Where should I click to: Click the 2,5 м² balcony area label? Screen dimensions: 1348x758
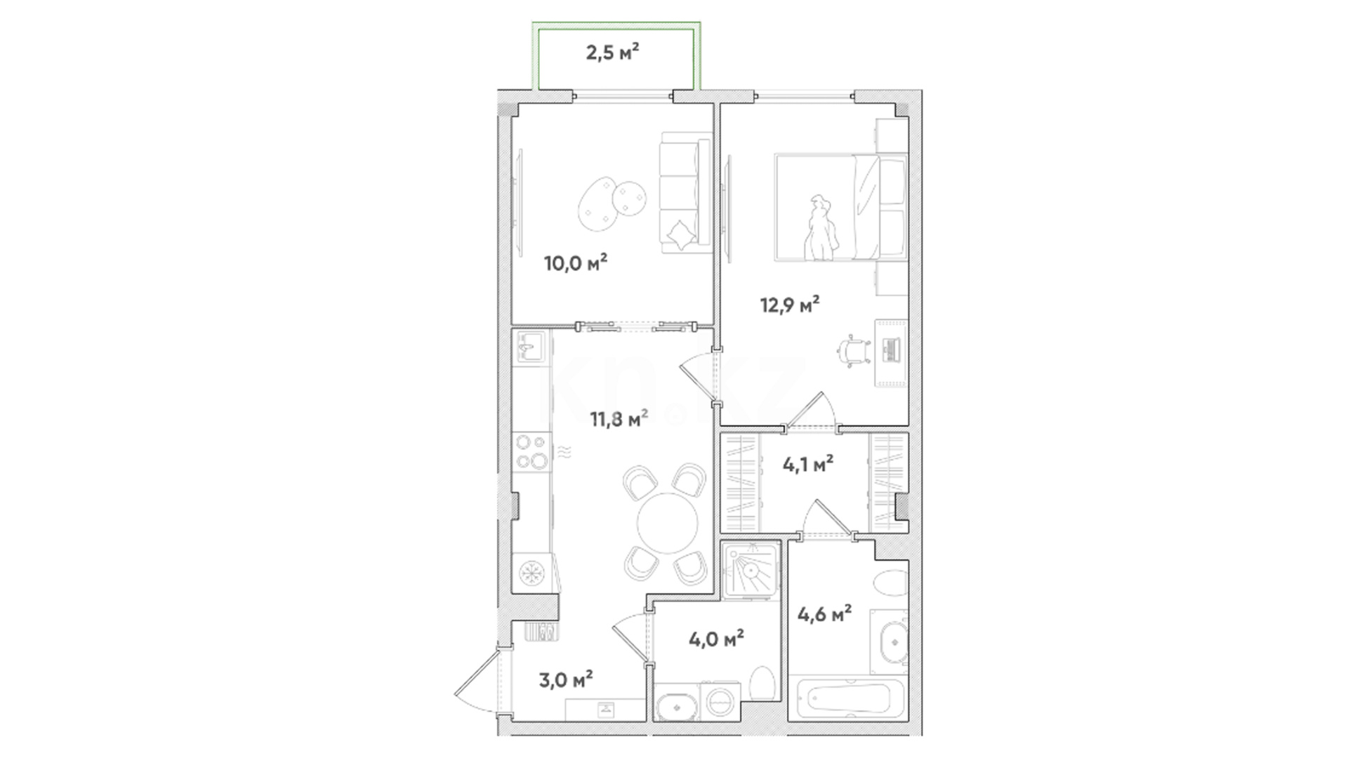(x=612, y=52)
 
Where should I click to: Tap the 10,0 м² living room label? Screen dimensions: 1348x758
(x=576, y=263)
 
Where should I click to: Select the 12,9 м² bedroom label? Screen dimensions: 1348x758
(x=790, y=305)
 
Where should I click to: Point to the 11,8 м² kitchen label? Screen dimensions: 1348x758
(x=619, y=419)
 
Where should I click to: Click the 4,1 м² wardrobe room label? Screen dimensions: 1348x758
(x=807, y=464)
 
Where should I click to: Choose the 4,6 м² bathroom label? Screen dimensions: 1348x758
(x=825, y=614)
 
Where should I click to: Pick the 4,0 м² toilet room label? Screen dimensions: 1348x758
(x=716, y=639)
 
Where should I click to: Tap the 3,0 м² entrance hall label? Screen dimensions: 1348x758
(x=565, y=679)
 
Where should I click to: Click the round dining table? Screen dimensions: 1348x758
(x=668, y=524)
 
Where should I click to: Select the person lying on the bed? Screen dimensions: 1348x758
(x=820, y=229)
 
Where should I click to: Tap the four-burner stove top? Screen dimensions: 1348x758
(x=531, y=452)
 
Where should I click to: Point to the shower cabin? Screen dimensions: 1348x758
(x=751, y=570)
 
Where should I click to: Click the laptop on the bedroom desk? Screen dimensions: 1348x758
(x=890, y=351)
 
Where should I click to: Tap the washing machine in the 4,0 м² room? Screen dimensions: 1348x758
(x=719, y=701)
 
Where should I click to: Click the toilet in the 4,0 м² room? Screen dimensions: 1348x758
(x=761, y=682)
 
